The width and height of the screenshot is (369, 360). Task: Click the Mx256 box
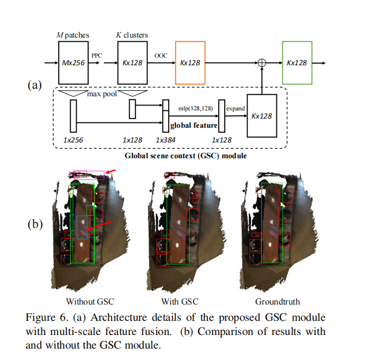tap(73, 63)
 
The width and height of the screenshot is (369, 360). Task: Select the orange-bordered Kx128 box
tap(190, 63)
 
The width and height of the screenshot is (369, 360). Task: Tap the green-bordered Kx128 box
tap(297, 63)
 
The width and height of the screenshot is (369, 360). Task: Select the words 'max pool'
tap(101, 94)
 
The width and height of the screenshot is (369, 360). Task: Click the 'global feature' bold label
tap(194, 125)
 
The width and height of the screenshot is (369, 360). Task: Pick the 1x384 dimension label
tap(165, 140)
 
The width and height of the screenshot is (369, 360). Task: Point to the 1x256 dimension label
tap(73, 140)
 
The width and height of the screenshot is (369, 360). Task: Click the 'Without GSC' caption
tap(90, 301)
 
